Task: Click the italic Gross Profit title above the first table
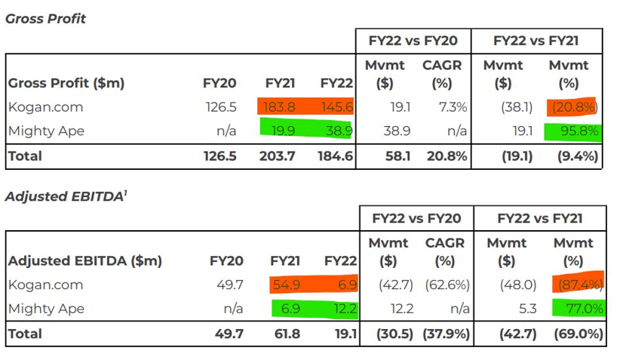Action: (45, 18)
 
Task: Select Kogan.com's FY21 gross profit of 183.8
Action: (280, 107)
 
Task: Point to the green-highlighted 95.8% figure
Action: (579, 131)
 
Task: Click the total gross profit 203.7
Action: (280, 156)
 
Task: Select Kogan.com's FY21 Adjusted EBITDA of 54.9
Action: (286, 285)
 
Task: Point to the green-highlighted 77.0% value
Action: (582, 309)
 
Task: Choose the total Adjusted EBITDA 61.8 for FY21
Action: (286, 334)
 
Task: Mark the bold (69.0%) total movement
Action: (577, 334)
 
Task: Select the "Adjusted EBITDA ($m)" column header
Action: (85, 261)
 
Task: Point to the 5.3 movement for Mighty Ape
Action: (511, 309)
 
